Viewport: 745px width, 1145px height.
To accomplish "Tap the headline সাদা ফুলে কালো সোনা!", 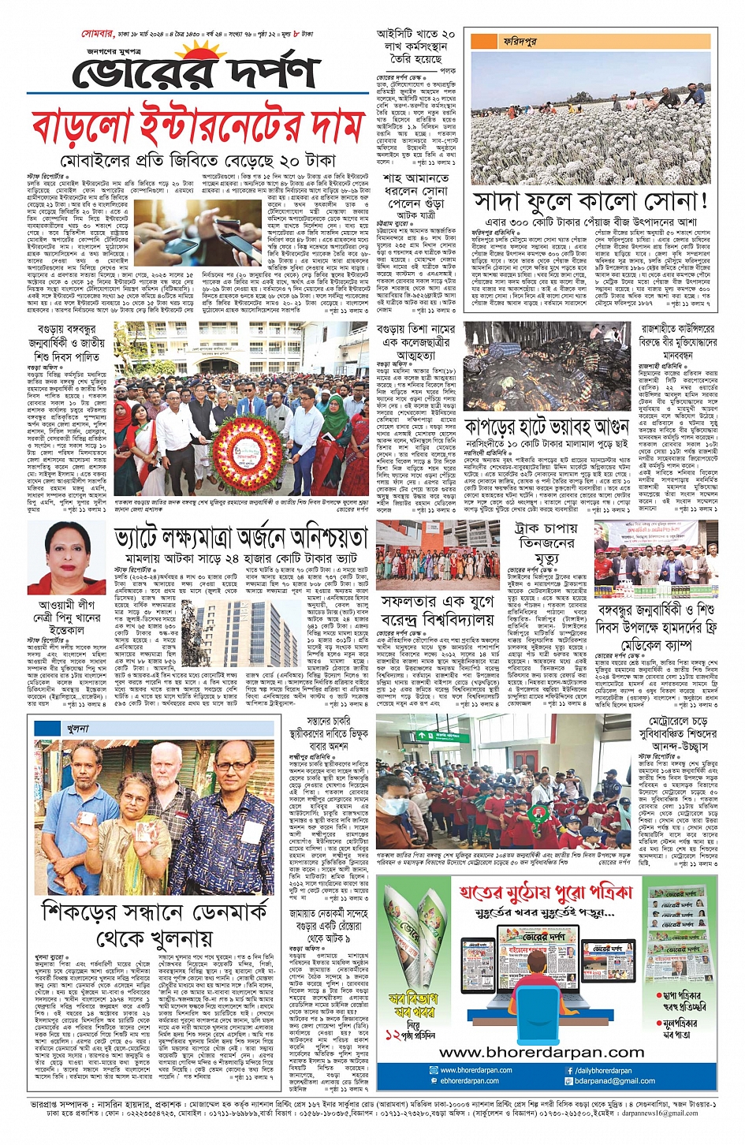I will click(x=590, y=201).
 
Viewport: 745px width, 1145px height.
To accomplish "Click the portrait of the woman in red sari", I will click(x=67, y=557).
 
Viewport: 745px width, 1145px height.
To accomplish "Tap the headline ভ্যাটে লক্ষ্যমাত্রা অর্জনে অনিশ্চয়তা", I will click(x=240, y=538).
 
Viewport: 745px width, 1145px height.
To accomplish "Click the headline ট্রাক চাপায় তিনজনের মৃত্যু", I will click(x=546, y=543).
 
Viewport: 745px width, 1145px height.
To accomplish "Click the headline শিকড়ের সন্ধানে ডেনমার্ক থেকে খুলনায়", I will click(x=155, y=925).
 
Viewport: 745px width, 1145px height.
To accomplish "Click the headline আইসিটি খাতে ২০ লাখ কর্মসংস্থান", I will click(x=415, y=47).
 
